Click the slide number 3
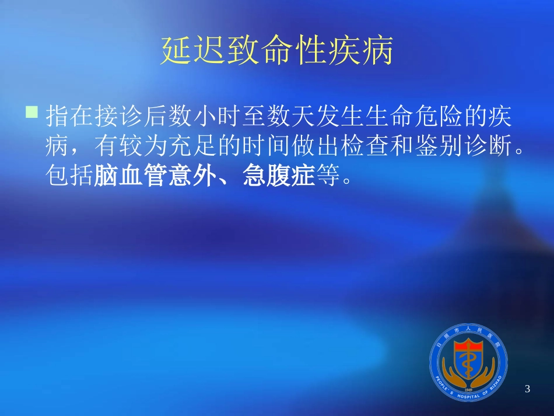click(528, 389)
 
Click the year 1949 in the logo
click(468, 388)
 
